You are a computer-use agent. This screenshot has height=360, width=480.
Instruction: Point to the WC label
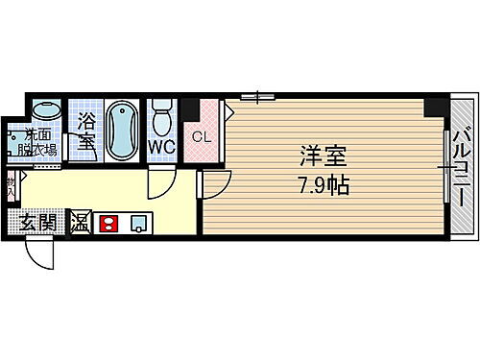tap(160, 145)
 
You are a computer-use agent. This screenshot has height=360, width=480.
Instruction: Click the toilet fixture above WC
tap(160, 117)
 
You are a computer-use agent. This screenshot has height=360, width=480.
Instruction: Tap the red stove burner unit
tap(108, 224)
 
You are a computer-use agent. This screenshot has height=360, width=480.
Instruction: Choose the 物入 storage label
tap(10, 186)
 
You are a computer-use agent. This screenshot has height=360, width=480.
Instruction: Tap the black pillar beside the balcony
tap(438, 106)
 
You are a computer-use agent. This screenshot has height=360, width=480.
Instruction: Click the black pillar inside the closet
tap(190, 108)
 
